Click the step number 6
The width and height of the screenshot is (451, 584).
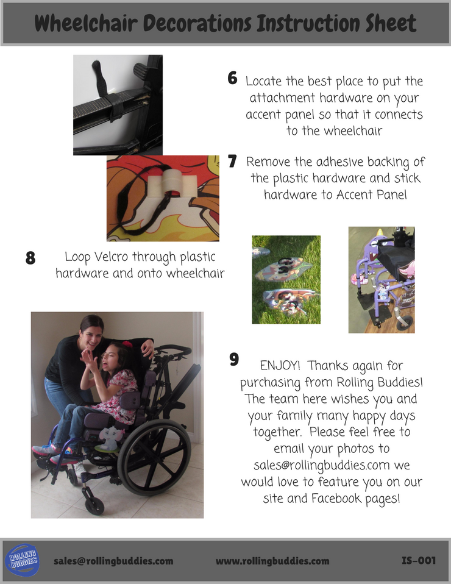[x=232, y=78]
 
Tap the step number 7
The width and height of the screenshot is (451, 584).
[x=232, y=161]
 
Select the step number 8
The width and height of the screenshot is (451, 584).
[x=30, y=258]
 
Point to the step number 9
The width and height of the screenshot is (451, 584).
[x=234, y=360]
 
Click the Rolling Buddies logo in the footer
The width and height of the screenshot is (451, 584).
[x=23, y=560]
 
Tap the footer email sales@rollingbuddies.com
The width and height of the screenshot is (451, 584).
[x=113, y=561]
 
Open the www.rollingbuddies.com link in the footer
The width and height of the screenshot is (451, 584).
[x=272, y=561]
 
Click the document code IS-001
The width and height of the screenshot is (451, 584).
[x=419, y=561]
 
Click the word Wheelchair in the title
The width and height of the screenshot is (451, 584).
[x=87, y=23]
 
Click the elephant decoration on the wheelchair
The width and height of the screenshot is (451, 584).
[x=110, y=438]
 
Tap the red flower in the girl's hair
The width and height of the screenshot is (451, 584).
[x=127, y=343]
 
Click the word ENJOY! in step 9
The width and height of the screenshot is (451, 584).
[x=280, y=365]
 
